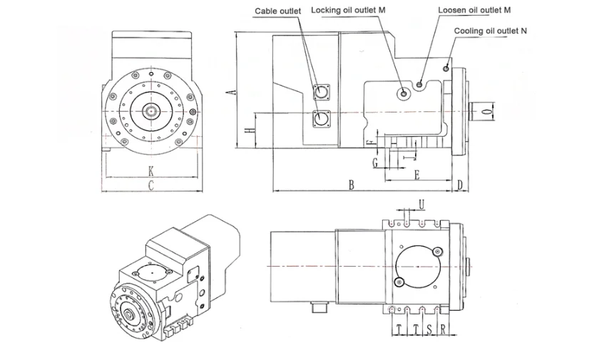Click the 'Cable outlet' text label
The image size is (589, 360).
[278, 11]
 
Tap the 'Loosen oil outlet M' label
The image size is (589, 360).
[474, 10]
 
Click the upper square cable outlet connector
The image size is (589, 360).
[322, 92]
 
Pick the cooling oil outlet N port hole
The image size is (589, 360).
[446, 68]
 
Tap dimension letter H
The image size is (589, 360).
[246, 131]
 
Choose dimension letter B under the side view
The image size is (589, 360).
[351, 185]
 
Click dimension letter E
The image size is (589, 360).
[417, 175]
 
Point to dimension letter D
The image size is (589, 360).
[460, 185]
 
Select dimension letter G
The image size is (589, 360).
[376, 163]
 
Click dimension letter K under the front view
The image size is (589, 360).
[151, 171]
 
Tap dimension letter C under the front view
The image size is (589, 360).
[151, 186]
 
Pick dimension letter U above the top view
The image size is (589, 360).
[421, 205]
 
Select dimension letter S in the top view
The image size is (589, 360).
[428, 329]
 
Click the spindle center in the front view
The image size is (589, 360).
[151, 110]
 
